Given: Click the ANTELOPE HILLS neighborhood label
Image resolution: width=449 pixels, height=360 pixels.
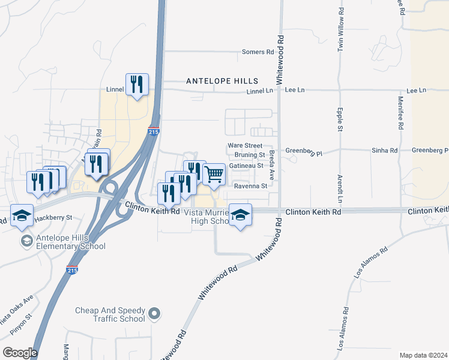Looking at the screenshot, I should tap(222, 80).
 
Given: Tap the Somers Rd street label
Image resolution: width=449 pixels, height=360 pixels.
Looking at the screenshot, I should tap(258, 52).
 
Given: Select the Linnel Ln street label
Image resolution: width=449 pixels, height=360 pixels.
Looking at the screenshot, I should tap(260, 91).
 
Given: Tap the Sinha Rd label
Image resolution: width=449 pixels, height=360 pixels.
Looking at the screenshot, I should tap(385, 151).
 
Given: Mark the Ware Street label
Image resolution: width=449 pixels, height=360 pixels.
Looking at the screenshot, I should tap(245, 146).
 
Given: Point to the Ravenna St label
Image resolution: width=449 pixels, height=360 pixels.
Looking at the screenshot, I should tap(250, 186).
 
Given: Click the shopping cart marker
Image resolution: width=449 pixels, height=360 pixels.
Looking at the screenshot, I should tap(214, 174).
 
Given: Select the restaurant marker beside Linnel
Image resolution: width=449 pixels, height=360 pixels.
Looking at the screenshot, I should tap(137, 85).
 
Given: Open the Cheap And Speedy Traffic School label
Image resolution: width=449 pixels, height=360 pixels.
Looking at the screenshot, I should tap(110, 314).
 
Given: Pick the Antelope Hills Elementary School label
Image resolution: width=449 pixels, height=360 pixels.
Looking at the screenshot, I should tap(62, 242).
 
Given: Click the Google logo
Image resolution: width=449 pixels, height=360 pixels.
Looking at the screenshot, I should tap(19, 353).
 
